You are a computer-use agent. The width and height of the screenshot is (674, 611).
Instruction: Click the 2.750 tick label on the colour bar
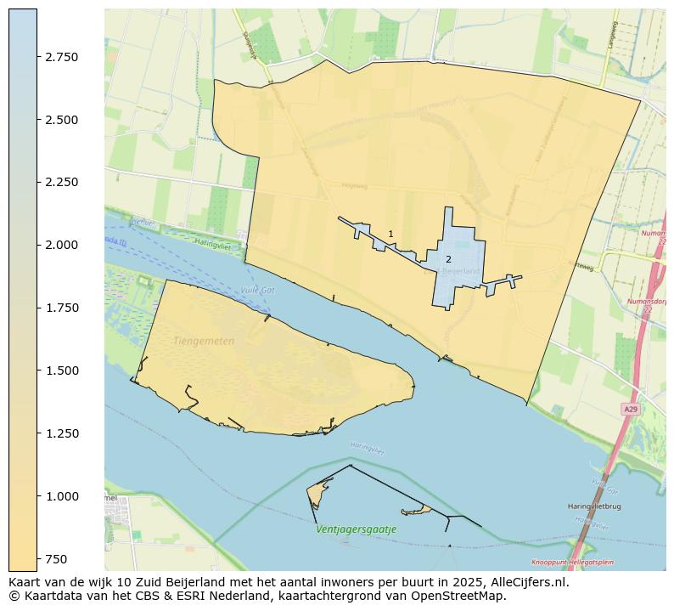point(61,57)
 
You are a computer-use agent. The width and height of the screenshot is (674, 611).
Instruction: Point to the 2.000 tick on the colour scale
point(61,245)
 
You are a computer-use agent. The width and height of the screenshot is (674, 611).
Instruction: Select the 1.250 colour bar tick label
point(61,433)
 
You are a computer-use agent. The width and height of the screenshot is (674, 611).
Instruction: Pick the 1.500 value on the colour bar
point(61,371)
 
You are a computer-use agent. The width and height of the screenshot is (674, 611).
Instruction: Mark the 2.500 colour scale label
point(61,120)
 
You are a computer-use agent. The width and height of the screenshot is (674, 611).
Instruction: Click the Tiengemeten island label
point(204,341)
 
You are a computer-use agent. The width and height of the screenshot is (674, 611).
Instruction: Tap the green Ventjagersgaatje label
point(356,529)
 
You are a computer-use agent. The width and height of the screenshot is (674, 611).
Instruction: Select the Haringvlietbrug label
point(594,506)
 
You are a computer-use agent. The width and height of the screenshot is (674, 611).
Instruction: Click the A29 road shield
point(630,410)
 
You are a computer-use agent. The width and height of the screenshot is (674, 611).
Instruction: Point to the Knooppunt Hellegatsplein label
point(572,562)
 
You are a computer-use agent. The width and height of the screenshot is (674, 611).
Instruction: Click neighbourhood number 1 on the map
point(390,234)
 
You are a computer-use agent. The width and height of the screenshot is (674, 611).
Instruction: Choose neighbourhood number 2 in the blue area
point(448,259)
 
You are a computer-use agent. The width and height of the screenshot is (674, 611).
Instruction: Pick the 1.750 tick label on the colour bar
point(61,308)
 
